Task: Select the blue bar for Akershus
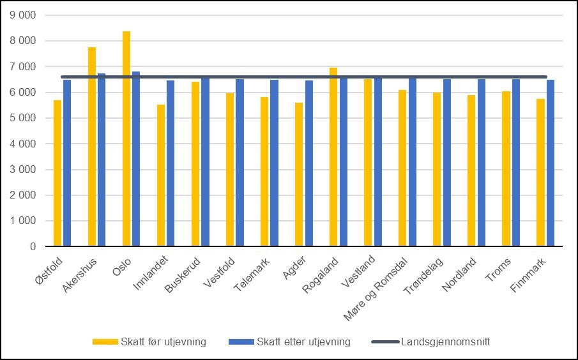pyautogui.click(x=102, y=160)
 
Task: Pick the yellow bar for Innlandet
pyautogui.click(x=161, y=176)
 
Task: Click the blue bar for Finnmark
pyautogui.click(x=550, y=163)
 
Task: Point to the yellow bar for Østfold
pyautogui.click(x=57, y=173)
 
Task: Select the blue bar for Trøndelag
pyautogui.click(x=446, y=163)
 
